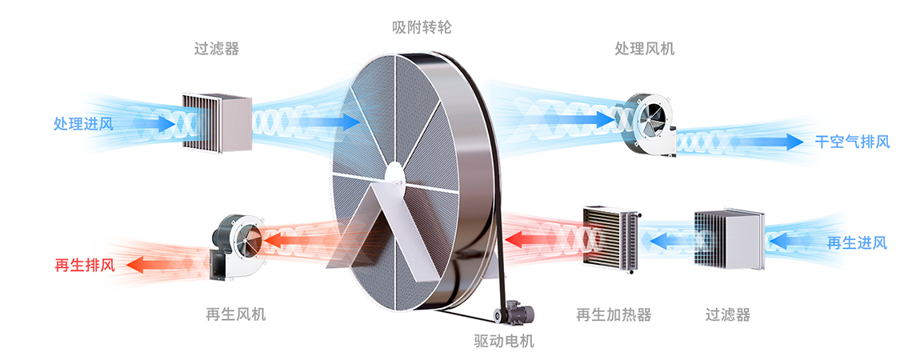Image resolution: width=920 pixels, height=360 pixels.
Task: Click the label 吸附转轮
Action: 422,27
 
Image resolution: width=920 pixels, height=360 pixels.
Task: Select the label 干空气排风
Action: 852,142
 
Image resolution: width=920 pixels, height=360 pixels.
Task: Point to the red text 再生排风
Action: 84,265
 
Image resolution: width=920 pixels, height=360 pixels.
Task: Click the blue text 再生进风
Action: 857,243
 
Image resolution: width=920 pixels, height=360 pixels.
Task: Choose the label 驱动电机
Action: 504,342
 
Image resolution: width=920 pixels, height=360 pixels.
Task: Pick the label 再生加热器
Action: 614,314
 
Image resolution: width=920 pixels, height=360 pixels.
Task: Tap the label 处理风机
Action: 644,49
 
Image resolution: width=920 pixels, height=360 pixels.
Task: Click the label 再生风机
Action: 235,314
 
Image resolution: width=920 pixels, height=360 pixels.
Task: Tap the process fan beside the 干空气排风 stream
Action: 650,123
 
